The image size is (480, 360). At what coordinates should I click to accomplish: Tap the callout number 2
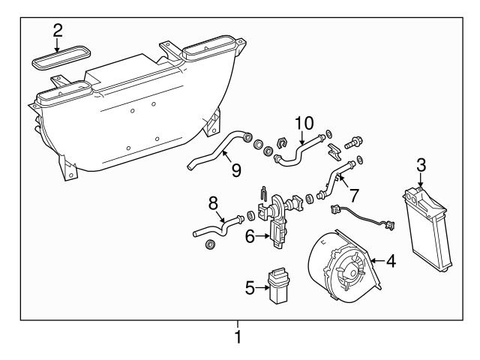pyautogui.click(x=58, y=31)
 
